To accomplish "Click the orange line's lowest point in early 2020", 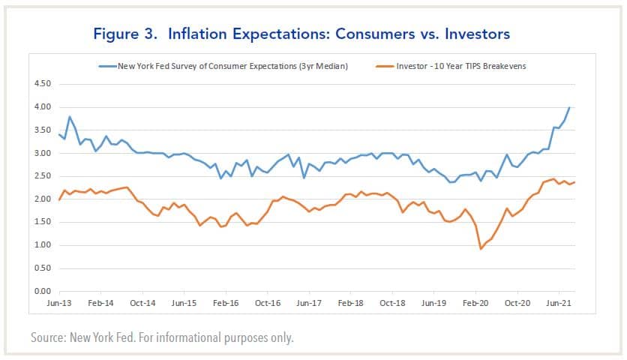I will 481,248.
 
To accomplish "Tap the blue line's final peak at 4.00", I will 569,107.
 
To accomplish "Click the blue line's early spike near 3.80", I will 70,117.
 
